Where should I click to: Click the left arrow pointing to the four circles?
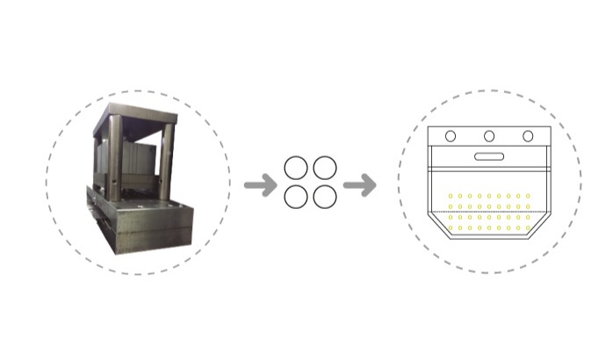[256, 185]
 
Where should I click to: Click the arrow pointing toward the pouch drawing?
[359, 185]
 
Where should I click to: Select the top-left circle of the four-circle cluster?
[296, 168]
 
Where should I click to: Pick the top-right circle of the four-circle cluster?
[324, 168]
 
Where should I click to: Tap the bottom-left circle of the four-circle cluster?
[296, 197]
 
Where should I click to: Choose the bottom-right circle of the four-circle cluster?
[324, 197]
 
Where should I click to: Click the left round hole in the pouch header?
[451, 136]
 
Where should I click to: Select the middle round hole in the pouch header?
[489, 136]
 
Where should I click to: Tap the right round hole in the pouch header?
[528, 136]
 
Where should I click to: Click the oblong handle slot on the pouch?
[489, 157]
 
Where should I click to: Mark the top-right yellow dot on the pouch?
[528, 196]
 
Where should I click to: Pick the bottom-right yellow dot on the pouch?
[528, 228]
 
